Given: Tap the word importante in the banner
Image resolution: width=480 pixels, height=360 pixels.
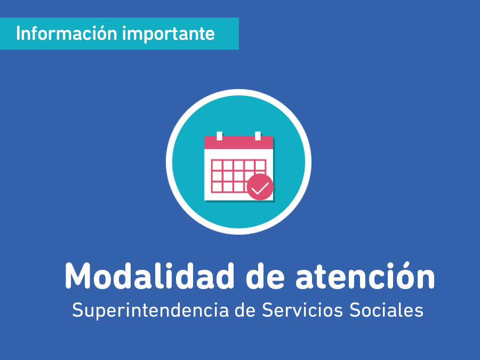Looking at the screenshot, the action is click(x=169, y=34).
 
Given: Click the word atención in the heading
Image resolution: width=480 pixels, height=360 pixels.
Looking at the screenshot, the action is click(x=365, y=275).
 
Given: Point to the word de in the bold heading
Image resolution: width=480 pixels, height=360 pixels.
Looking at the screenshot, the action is click(x=265, y=276).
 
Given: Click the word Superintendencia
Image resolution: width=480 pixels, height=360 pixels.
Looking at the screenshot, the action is click(x=150, y=310).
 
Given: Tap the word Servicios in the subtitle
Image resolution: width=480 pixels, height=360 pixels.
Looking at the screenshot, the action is click(x=302, y=310).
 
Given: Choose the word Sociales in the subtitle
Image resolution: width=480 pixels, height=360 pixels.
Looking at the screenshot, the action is click(x=386, y=310).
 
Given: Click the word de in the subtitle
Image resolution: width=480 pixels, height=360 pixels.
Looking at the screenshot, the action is click(x=245, y=310).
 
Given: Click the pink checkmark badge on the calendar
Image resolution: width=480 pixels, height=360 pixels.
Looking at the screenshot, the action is click(x=260, y=187).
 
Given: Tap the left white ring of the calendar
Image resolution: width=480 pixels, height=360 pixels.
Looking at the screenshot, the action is click(x=220, y=136).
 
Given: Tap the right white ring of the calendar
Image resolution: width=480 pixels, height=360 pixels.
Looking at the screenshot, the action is click(x=258, y=136).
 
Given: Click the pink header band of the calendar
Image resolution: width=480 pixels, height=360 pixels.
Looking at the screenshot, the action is click(x=238, y=142).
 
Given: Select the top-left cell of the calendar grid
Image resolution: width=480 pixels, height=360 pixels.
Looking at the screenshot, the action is click(x=217, y=165).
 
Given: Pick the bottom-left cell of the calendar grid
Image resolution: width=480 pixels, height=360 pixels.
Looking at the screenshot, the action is click(x=217, y=187).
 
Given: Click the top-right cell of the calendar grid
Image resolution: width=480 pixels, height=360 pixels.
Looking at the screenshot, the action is click(x=260, y=165).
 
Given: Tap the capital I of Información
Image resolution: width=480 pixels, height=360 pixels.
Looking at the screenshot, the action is click(x=18, y=33).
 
